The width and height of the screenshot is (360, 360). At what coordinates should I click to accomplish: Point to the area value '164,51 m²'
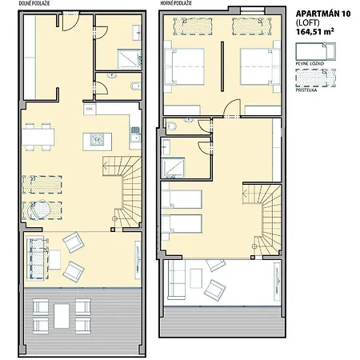coord(315,33)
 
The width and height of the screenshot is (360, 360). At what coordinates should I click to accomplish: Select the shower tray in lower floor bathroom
coord(129,58)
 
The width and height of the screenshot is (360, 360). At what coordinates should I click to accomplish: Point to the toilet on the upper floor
coord(173,126)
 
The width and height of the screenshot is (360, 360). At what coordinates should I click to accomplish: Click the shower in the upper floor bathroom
coord(173,166)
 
